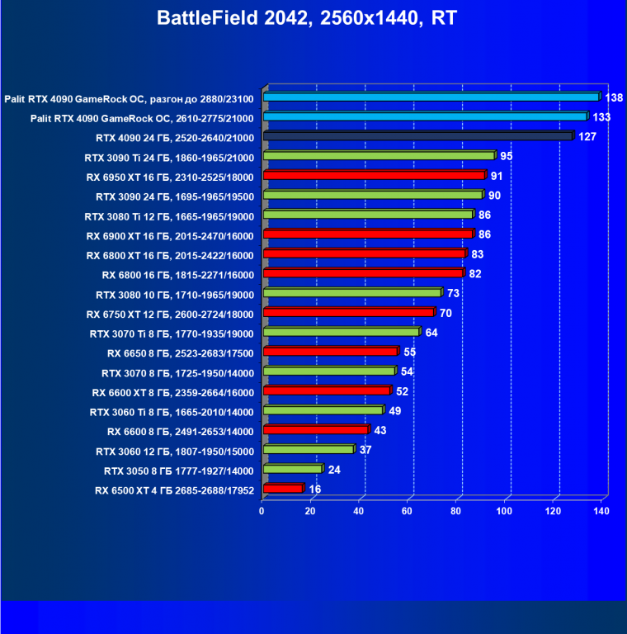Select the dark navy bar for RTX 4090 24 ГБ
[x=417, y=136]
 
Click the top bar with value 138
[x=430, y=97]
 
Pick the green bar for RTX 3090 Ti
[x=378, y=156]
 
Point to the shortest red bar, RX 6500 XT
[x=282, y=489]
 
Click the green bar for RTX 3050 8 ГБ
[x=291, y=470]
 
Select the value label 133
[x=601, y=117]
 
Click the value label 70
[x=446, y=314]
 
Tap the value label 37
[x=365, y=450]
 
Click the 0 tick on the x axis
[x=262, y=512]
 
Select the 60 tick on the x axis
[x=408, y=512]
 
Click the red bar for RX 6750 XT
[x=348, y=313]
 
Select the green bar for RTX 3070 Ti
[x=341, y=333]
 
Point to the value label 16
[x=315, y=490]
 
